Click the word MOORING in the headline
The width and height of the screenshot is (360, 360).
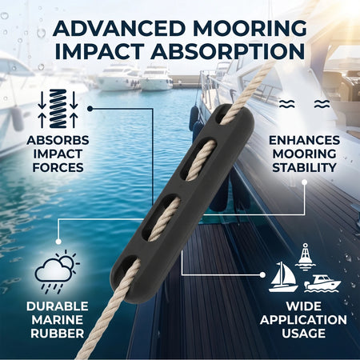[250, 28]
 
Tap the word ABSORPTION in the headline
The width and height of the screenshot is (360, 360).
[228, 51]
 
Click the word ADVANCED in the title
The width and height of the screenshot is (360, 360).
[119, 28]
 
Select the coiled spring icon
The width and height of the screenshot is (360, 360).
[58, 109]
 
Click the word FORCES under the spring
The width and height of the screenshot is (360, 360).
[58, 167]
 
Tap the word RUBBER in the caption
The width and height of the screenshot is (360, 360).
[58, 334]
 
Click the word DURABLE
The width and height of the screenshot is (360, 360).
[58, 306]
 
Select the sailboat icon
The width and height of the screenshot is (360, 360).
[283, 277]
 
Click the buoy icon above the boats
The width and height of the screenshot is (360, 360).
[305, 257]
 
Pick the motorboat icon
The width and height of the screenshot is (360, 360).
[322, 283]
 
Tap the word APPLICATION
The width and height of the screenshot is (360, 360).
[303, 320]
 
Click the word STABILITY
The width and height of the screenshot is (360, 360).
[304, 167]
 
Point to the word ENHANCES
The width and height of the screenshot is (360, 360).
[304, 140]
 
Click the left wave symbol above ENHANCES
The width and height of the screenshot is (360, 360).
[287, 104]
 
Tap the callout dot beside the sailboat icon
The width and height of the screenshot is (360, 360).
[262, 274]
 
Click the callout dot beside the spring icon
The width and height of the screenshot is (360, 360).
[90, 109]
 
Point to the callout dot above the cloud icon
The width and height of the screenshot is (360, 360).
[58, 242]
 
